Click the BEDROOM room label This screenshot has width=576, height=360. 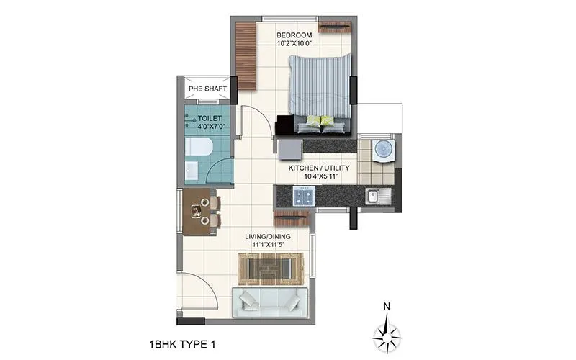(x=294, y=35)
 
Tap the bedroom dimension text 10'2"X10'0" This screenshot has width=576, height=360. (x=294, y=44)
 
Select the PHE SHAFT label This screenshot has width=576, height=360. (x=207, y=89)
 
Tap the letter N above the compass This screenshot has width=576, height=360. (x=387, y=306)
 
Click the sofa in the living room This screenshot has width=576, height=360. (x=270, y=302)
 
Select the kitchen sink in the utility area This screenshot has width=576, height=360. (x=373, y=195)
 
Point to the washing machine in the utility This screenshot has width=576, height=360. (x=382, y=150)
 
